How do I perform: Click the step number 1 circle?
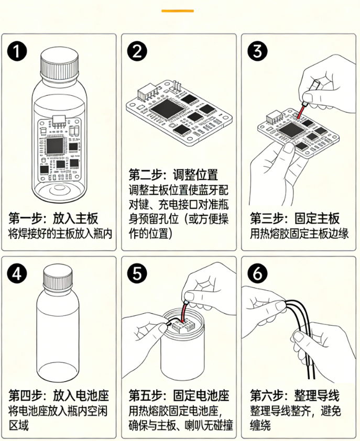(18, 52)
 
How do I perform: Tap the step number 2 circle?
(138, 52)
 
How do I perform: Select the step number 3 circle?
(259, 52)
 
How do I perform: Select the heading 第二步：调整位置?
(173, 174)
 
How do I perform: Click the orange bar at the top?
(178, 10)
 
